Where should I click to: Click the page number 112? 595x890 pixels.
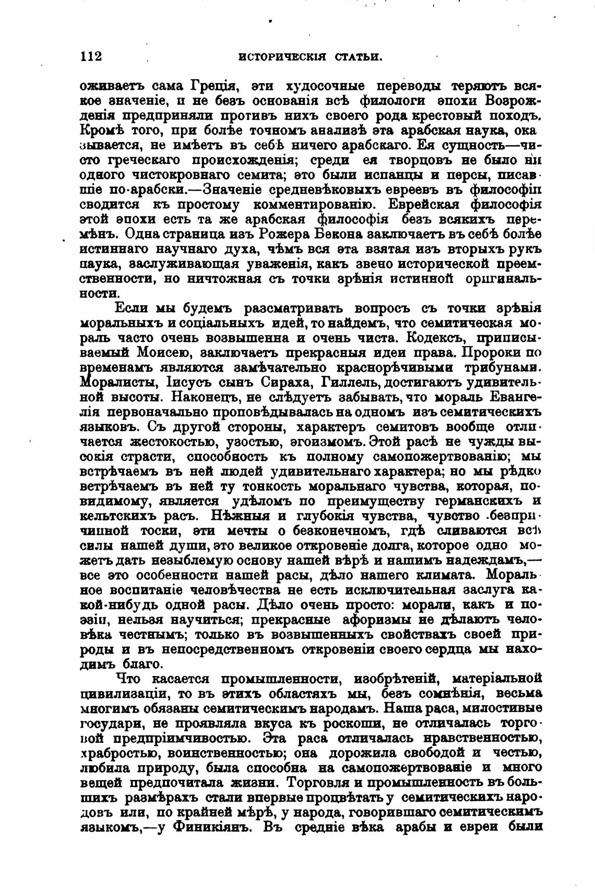pos(91,56)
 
